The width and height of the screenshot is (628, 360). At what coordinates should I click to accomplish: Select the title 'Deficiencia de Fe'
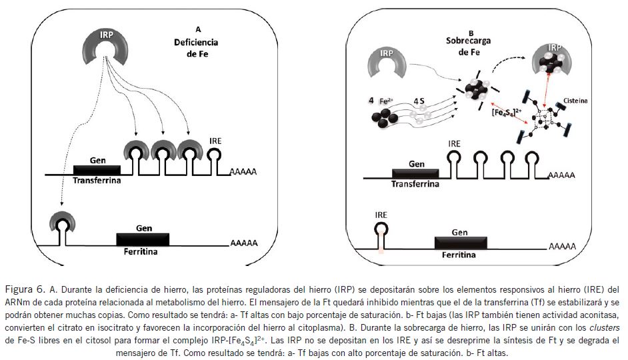click(x=198, y=47)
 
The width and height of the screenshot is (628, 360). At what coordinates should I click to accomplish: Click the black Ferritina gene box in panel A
click(x=143, y=239)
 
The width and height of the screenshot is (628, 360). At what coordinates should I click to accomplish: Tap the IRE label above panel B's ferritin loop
click(x=380, y=215)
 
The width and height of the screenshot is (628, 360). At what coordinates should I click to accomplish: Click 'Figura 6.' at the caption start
click(x=25, y=289)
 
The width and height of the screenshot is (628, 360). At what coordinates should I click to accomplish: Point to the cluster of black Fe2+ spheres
click(x=379, y=120)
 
